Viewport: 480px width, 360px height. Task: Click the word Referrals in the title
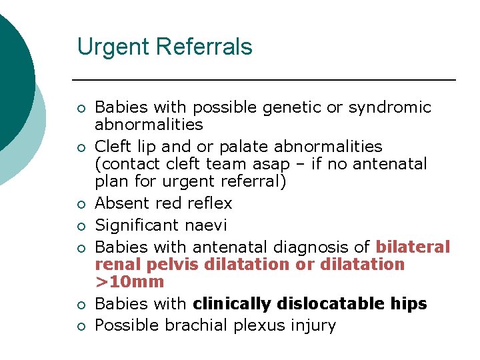207,47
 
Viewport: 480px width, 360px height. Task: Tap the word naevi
206,225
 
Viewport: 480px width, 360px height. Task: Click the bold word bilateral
413,247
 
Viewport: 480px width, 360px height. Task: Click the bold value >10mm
129,282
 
